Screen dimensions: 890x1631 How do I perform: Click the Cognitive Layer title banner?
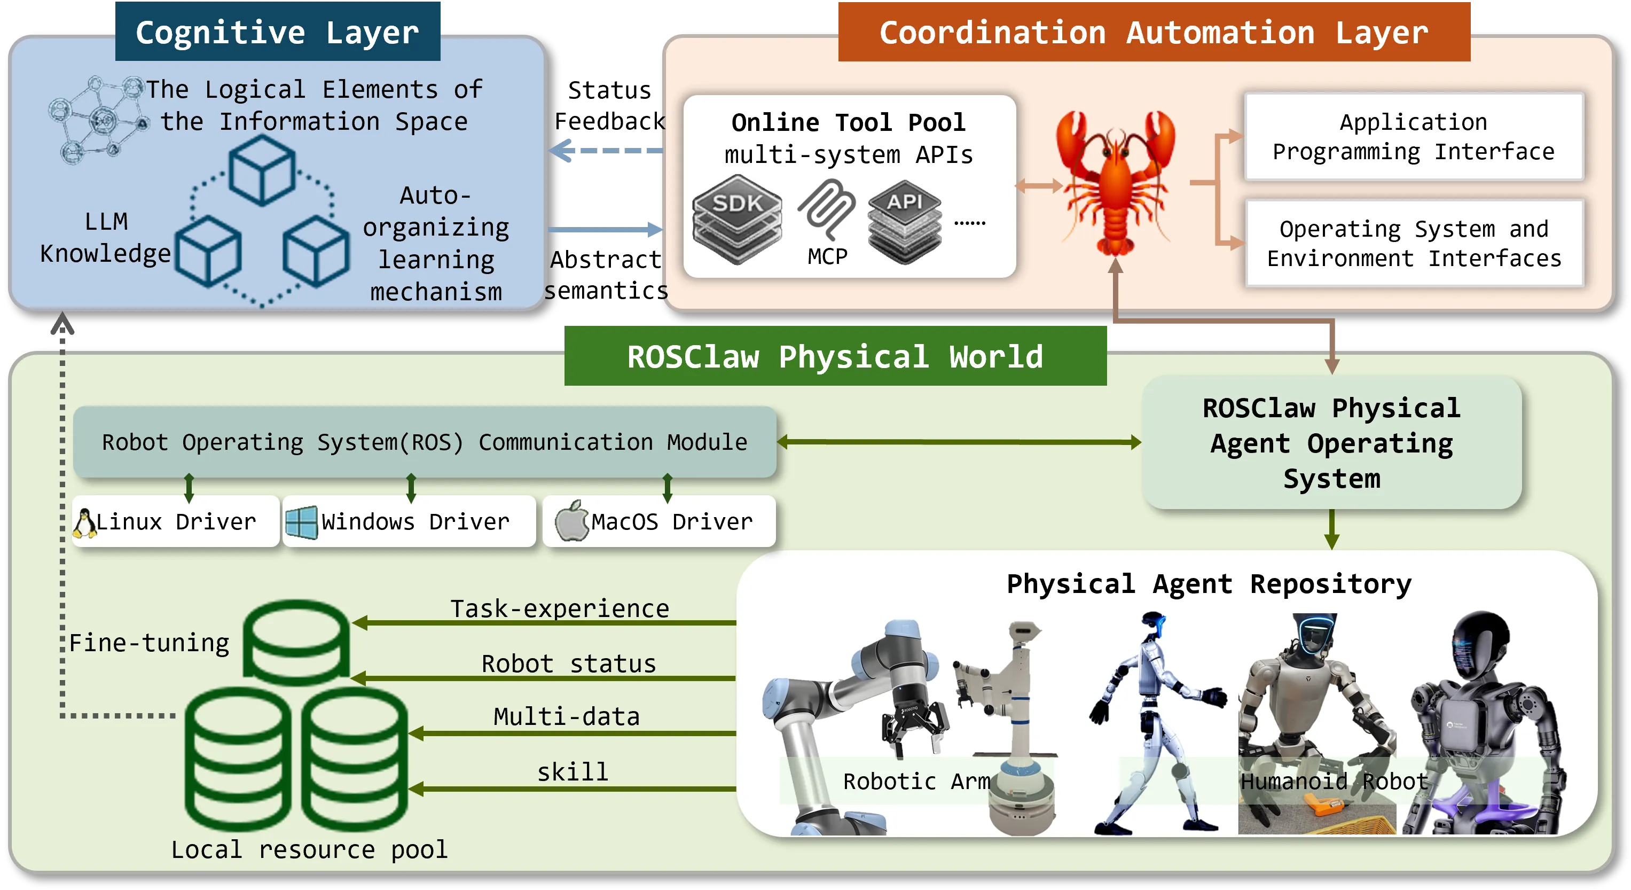click(x=277, y=32)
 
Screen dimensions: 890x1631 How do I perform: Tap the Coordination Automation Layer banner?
click(x=1154, y=32)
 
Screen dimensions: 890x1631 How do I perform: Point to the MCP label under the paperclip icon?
click(x=827, y=256)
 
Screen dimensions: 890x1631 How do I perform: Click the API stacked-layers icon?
click(x=904, y=221)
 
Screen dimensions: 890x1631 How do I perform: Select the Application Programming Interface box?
click(x=1413, y=137)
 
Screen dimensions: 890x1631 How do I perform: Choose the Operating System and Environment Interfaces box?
click(x=1413, y=244)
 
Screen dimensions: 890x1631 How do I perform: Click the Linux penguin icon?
click(x=84, y=523)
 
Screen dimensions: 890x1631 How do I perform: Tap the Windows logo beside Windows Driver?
click(x=301, y=522)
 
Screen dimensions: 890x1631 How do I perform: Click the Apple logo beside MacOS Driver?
click(x=572, y=521)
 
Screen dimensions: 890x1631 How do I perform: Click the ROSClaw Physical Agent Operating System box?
click(x=1331, y=443)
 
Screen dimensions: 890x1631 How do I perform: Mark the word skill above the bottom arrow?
click(x=573, y=772)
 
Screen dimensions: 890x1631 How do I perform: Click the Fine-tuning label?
click(x=150, y=643)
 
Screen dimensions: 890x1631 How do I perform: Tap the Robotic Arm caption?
click(x=916, y=782)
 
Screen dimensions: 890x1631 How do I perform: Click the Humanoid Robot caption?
click(x=1334, y=782)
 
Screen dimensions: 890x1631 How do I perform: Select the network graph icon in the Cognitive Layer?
click(x=98, y=119)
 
